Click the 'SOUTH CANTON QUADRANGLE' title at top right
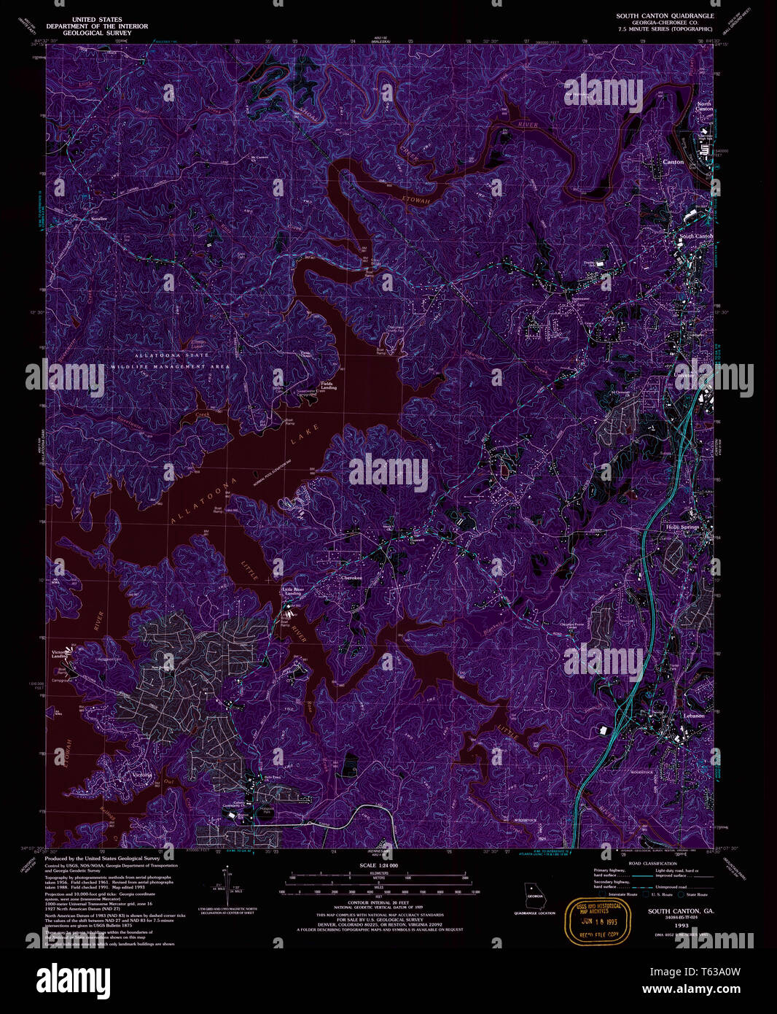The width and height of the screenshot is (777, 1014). tap(665, 15)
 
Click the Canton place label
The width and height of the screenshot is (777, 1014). tap(672, 162)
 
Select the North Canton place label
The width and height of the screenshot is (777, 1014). tap(703, 107)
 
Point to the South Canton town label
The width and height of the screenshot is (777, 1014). tap(696, 236)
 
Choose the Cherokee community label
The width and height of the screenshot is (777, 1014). tap(351, 578)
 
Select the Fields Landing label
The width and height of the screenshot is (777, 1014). tap(328, 385)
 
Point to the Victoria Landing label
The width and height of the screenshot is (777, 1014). tap(60, 654)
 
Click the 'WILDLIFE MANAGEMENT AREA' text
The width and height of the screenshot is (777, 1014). tap(171, 366)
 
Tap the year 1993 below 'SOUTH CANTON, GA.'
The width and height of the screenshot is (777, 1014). tap(681, 925)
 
